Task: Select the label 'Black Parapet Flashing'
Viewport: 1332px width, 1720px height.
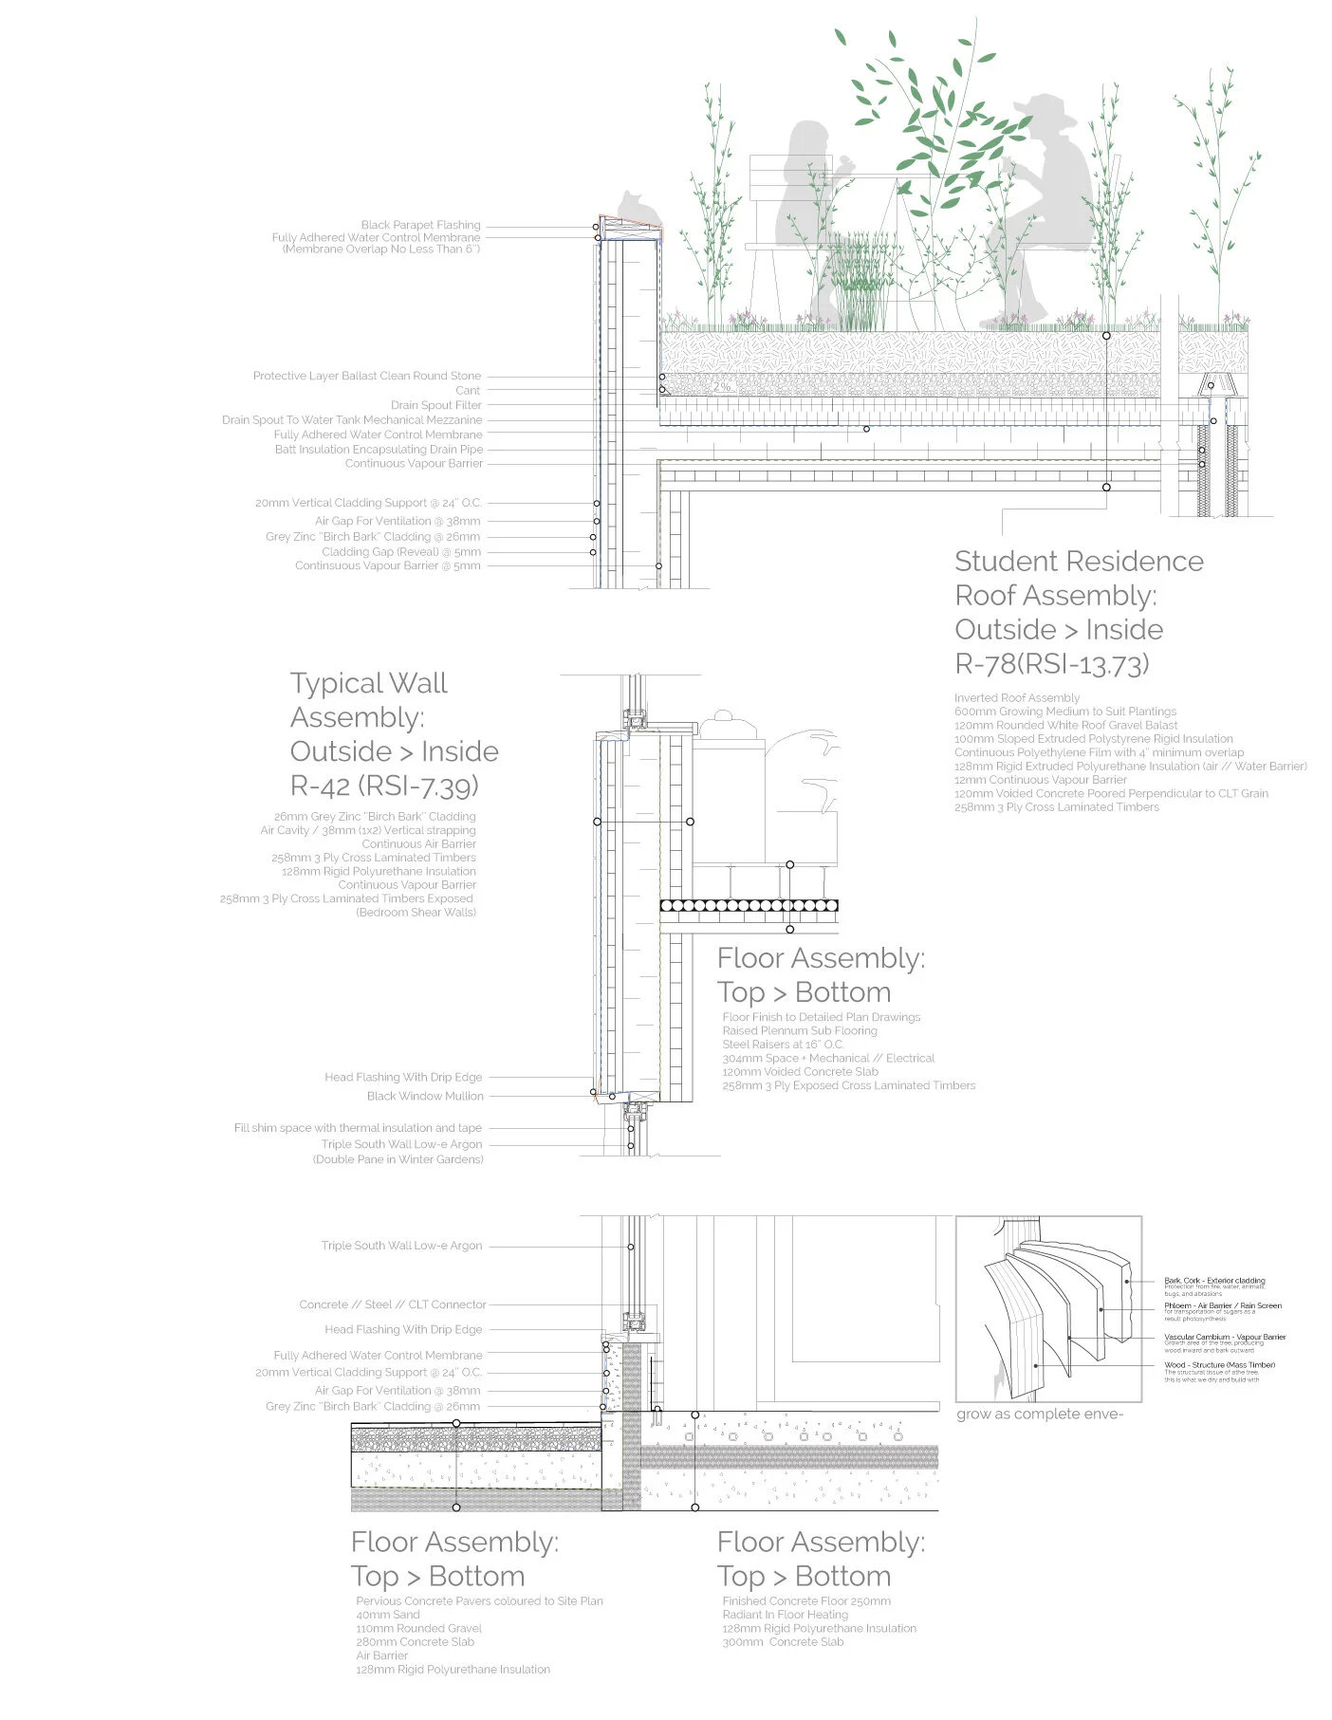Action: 420,225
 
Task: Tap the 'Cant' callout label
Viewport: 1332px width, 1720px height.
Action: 468,390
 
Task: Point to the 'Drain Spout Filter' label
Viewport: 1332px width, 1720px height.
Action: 435,405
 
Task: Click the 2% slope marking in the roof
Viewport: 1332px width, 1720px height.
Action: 722,387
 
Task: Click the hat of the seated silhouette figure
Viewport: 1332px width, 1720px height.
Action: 1045,109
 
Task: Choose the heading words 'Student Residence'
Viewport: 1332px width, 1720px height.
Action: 1079,562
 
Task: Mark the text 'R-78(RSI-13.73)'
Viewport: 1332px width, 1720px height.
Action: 1051,664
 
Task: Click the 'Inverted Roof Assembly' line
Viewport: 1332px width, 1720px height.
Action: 1016,697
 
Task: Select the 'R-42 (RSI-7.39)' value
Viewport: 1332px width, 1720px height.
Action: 384,786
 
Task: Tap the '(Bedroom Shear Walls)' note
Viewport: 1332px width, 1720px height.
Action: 416,913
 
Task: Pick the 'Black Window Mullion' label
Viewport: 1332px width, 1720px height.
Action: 425,1096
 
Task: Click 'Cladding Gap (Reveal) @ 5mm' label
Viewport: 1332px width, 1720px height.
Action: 400,551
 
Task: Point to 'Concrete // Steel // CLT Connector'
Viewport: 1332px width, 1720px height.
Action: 392,1304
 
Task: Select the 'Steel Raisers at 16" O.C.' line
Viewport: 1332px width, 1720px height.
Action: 783,1045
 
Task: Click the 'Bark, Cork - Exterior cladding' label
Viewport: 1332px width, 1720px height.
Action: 1214,1281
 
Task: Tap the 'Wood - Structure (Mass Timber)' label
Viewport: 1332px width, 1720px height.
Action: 1219,1365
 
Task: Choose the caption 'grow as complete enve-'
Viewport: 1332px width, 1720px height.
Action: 1039,1415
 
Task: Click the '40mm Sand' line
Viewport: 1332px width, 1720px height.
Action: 388,1615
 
